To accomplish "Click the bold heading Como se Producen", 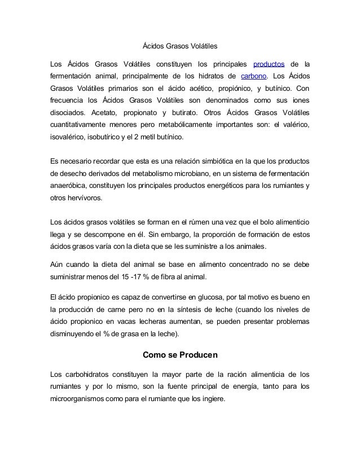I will [179, 355].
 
